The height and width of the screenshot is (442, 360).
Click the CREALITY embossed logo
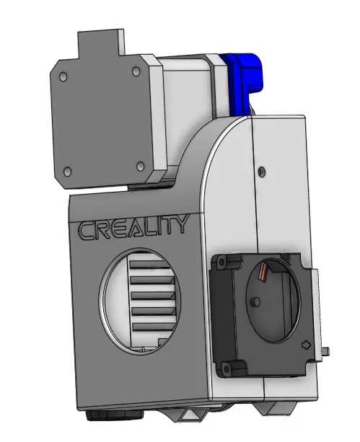[133, 227]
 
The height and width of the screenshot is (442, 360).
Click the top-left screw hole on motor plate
[63, 76]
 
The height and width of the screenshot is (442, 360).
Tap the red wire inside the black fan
[263, 273]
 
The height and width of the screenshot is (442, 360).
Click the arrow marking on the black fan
[306, 345]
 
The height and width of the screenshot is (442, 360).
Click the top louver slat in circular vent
[153, 268]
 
